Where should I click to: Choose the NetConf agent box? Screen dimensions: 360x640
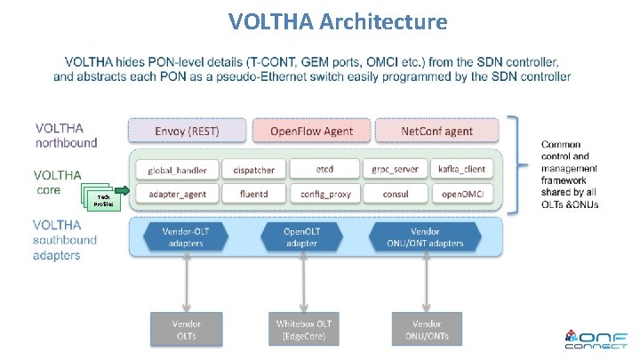click(436, 131)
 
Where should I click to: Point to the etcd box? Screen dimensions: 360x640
click(324, 169)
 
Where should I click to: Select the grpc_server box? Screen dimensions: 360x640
click(395, 169)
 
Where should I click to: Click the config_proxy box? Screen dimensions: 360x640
click(324, 193)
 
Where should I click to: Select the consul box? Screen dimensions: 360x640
click(395, 193)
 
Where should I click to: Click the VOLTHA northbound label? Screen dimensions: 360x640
click(68, 134)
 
